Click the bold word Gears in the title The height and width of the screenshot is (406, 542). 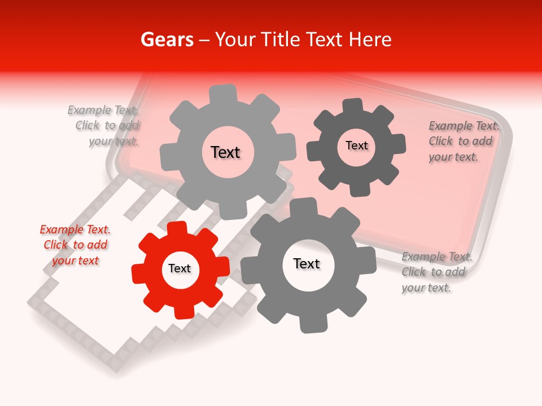(x=167, y=39)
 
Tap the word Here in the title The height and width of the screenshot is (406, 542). (x=370, y=39)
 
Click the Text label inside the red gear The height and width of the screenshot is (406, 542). (x=180, y=269)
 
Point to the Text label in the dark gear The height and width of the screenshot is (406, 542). (x=356, y=145)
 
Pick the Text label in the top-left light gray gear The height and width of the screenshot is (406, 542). (x=225, y=152)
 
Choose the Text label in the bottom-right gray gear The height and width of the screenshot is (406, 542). (x=307, y=263)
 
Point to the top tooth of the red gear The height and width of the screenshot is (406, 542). (x=177, y=228)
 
